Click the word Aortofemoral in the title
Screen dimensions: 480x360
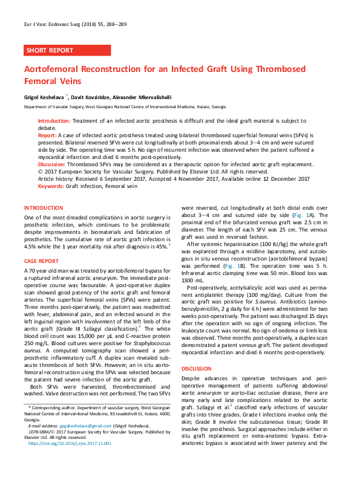[x=56, y=70]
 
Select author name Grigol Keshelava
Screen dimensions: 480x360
[x=45, y=96]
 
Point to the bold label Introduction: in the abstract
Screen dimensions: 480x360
[x=54, y=121]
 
